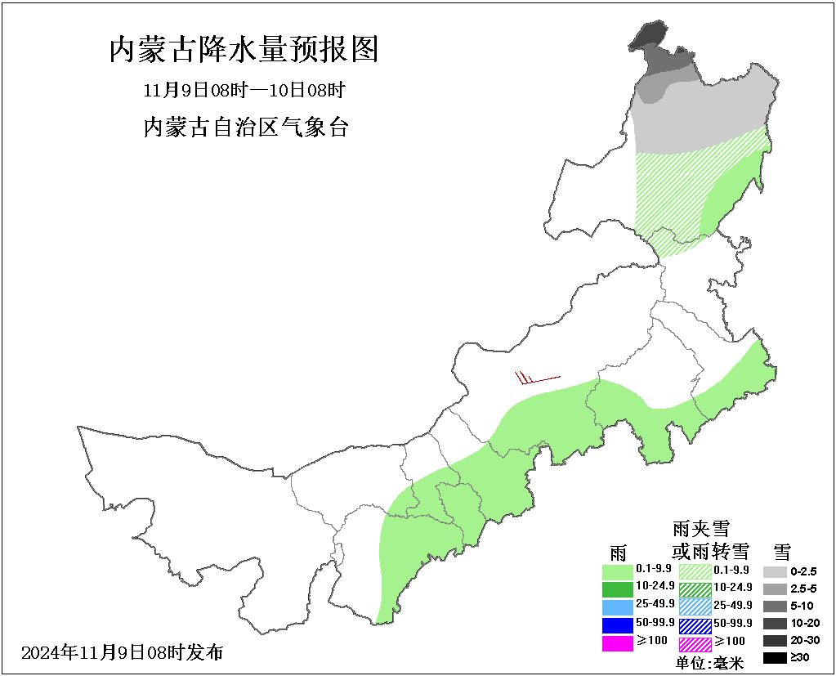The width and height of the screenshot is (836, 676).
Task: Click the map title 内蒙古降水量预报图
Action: click(x=244, y=50)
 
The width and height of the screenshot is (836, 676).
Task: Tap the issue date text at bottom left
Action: click(x=123, y=652)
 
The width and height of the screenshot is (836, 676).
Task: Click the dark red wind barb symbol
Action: click(x=536, y=378)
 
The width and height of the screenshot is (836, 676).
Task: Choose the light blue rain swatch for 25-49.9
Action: click(x=617, y=607)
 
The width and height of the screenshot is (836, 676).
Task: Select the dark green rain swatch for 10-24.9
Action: click(x=617, y=588)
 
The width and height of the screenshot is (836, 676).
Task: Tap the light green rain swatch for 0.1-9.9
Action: click(x=617, y=570)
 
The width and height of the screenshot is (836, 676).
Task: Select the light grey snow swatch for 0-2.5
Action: click(x=776, y=570)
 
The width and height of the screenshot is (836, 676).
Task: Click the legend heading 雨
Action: click(x=618, y=549)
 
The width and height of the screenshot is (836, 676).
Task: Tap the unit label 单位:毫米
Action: click(x=709, y=664)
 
